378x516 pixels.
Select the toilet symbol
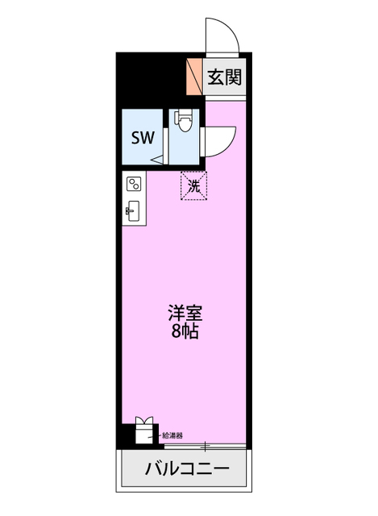point(185,122)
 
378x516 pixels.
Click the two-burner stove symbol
point(133,185)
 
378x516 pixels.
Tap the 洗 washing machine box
point(193,185)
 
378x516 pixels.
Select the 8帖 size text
point(185,331)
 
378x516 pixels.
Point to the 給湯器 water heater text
point(172,435)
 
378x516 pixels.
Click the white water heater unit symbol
point(143,432)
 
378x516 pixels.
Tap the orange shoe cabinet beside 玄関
point(194,76)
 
